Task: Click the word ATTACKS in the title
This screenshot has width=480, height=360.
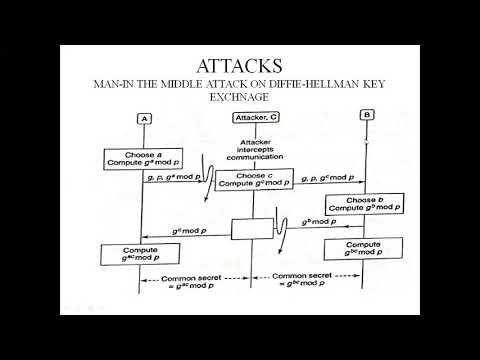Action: (x=240, y=66)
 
